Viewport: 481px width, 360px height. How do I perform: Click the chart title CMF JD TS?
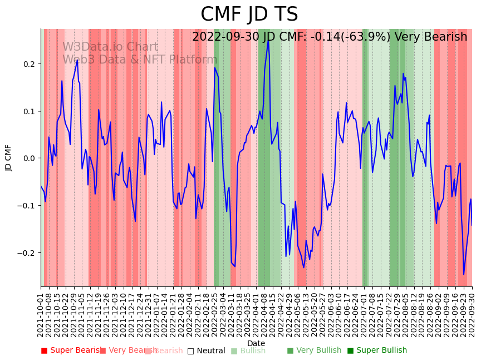pyautogui.click(x=249, y=14)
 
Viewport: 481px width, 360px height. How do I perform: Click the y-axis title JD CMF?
pyautogui.click(x=8, y=158)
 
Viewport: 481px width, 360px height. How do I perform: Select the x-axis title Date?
pyautogui.click(x=256, y=343)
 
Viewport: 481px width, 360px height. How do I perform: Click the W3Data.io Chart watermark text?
pyautogui.click(x=110, y=47)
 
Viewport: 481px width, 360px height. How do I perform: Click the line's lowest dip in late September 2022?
pyautogui.click(x=463, y=274)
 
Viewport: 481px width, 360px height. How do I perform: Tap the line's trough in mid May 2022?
pyautogui.click(x=303, y=267)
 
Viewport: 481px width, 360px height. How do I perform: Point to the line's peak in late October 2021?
pyautogui.click(x=77, y=60)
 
